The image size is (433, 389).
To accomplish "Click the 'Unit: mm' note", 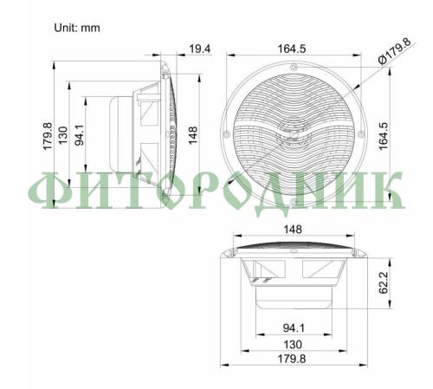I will pos(77,28).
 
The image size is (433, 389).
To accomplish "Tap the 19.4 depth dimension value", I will pos(200,49).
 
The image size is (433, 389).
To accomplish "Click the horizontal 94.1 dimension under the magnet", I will pos(294,327).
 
